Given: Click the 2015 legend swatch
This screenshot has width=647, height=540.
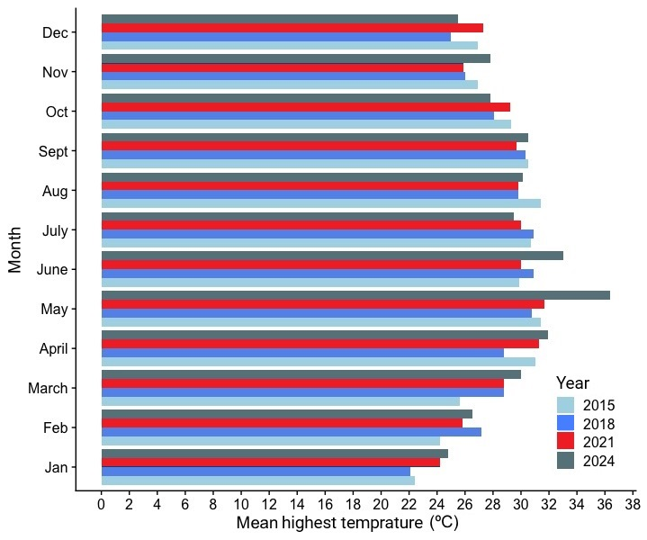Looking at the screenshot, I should [565, 405].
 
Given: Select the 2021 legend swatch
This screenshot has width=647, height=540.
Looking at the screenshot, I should [565, 441].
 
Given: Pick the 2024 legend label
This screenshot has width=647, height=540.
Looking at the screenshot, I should [598, 460].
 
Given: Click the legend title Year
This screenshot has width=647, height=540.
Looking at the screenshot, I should [572, 382].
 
